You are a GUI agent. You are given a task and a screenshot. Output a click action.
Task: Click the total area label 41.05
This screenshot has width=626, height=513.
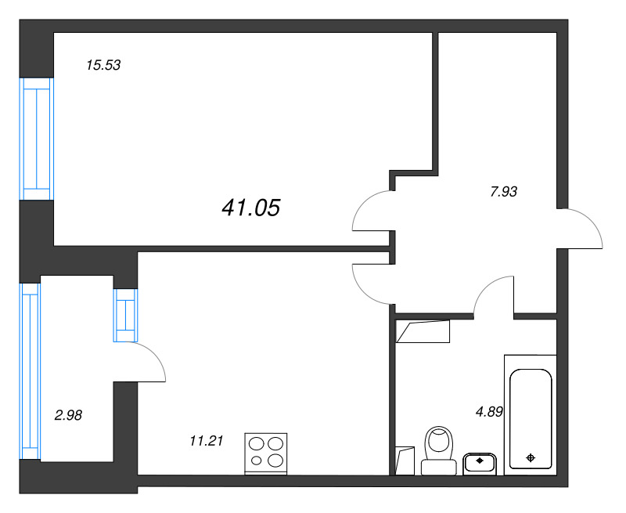[x=250, y=208]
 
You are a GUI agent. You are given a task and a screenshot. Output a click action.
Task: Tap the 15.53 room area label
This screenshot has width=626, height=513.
[x=103, y=65]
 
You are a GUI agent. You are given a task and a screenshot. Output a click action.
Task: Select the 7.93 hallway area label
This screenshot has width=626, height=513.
[x=503, y=192]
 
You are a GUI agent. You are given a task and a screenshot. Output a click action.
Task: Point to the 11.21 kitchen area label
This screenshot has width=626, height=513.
[x=206, y=441]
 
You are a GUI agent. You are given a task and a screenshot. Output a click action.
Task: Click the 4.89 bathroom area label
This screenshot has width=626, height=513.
[x=489, y=411]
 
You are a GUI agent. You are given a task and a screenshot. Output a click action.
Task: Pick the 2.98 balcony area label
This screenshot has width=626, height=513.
[x=68, y=416]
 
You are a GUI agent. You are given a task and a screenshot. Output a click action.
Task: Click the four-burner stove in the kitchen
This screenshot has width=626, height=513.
[x=265, y=454]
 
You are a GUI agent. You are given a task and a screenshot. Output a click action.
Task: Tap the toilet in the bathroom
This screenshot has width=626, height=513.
[x=439, y=450]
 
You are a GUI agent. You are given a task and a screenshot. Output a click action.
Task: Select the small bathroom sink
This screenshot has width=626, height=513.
[x=480, y=464]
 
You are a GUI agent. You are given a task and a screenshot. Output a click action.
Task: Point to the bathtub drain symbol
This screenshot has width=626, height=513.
[x=531, y=458]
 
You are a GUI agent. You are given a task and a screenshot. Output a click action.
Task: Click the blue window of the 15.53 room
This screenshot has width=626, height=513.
[x=37, y=139]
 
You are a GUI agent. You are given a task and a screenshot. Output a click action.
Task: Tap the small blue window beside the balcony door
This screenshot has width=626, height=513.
[x=125, y=315]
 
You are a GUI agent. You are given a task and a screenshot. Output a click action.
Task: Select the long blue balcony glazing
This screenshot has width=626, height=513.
[x=31, y=371]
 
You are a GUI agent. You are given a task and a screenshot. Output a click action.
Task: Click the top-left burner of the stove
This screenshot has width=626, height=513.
[x=257, y=444]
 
